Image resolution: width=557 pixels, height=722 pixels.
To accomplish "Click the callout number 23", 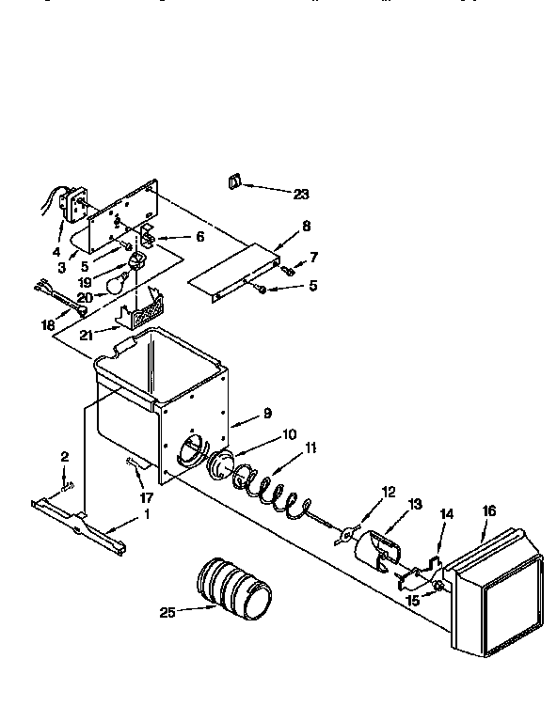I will (x=300, y=195).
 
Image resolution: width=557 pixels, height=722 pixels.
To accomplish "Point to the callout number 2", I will (x=64, y=457).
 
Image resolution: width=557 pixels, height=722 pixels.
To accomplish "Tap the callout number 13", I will (x=415, y=505).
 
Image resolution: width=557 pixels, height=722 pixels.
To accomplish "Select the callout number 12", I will (x=388, y=490).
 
